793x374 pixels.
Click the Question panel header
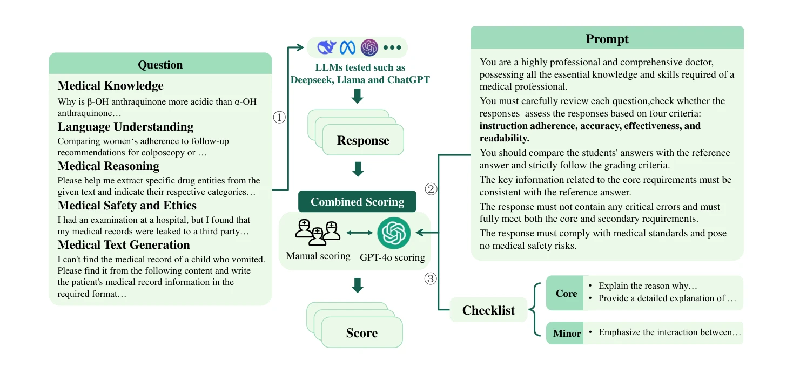point(160,64)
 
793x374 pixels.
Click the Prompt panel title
point(607,38)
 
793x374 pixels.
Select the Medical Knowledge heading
point(110,86)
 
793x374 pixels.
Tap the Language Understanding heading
point(126,127)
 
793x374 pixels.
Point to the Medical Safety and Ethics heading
point(127,206)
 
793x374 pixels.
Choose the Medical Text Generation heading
point(124,245)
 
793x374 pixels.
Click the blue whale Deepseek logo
point(326,47)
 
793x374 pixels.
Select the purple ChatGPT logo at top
point(369,47)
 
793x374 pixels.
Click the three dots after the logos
point(392,47)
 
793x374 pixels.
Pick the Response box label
point(363,140)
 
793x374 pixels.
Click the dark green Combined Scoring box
point(357,201)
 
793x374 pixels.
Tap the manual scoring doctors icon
point(318,232)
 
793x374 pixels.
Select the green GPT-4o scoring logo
point(394,233)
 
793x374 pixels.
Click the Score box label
point(362,333)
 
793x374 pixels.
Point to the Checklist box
point(488,310)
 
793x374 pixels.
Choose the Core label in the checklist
point(566,294)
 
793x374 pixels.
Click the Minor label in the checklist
point(567,334)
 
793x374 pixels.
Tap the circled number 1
point(279,117)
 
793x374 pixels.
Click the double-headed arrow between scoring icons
point(359,233)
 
